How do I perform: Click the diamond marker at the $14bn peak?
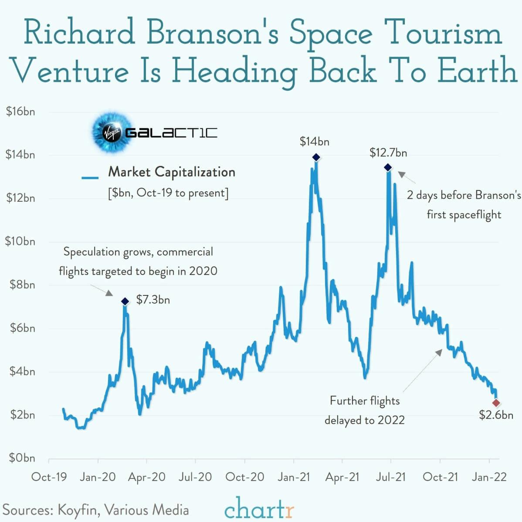[x=316, y=157]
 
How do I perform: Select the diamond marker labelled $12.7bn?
[x=388, y=168]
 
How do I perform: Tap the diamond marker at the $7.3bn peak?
[x=125, y=302]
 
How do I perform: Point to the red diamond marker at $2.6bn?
[x=496, y=403]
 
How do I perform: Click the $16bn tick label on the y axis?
[x=20, y=112]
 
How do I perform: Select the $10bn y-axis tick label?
[x=20, y=241]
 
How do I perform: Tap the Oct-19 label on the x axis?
[x=49, y=477]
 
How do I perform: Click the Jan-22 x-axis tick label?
[x=489, y=477]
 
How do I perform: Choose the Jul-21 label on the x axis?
[x=391, y=477]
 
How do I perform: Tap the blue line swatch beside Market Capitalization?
[x=90, y=177]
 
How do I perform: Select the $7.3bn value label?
[x=153, y=300]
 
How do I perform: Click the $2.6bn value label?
[x=496, y=415]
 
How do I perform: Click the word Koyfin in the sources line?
[x=77, y=510]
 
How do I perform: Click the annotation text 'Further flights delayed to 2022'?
[x=365, y=410]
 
